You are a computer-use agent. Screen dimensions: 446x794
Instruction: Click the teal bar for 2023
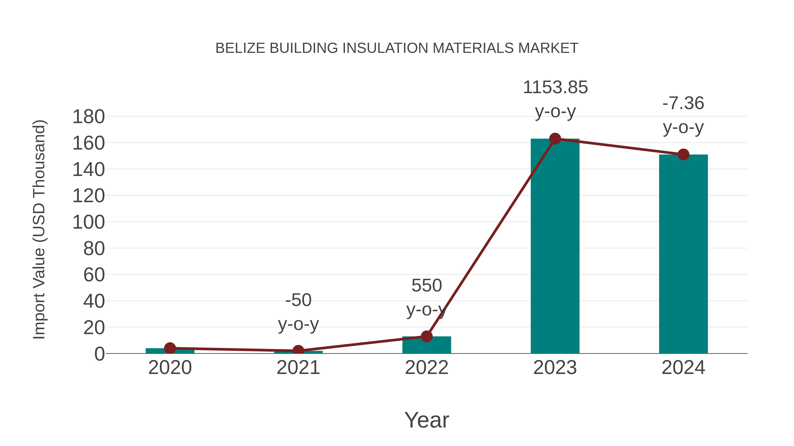pos(555,246)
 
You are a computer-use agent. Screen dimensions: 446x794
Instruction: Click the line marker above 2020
pos(170,348)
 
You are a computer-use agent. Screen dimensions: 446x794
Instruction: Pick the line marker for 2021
pos(298,351)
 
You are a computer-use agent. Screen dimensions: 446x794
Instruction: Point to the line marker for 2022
pos(427,336)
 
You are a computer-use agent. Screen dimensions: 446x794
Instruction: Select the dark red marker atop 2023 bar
pos(555,139)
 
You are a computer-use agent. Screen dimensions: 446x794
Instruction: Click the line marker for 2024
pos(683,155)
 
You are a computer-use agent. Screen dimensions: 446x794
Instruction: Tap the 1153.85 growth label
pos(555,87)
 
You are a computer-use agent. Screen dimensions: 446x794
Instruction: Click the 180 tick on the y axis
pos(88,117)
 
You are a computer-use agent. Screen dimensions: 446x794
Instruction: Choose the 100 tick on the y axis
pos(88,222)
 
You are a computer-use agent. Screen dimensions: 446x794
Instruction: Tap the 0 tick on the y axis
pos(99,354)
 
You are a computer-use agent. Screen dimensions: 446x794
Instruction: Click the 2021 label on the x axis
pos(298,368)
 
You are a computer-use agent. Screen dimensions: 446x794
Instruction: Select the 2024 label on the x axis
pos(683,368)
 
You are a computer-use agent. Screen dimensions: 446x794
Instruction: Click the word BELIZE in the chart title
pos(240,48)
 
